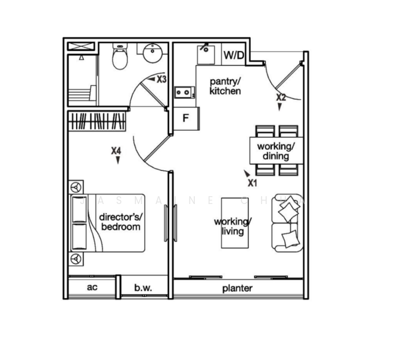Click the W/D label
pos(234,56)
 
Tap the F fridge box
pos(186,118)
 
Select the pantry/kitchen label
pos(225,86)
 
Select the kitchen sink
pos(207,52)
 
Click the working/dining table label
pos(276,151)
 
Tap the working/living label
pos(233,226)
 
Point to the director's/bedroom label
pos(119,222)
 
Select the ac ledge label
pos(92,287)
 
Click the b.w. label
pos(143,288)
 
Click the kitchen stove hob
pos(183,92)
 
